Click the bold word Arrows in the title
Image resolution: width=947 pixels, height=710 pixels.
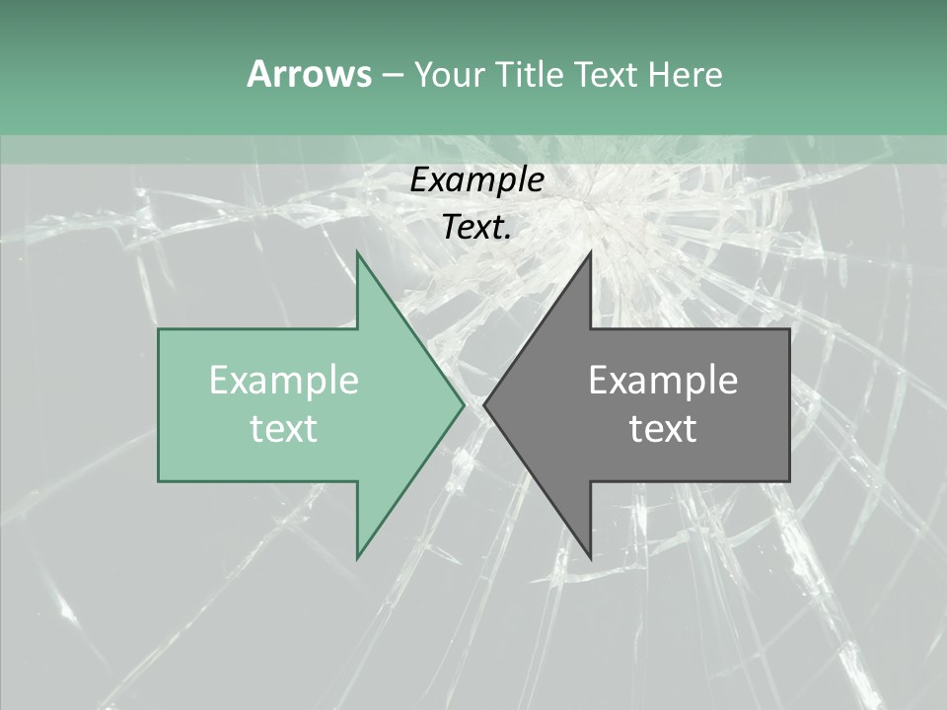point(309,74)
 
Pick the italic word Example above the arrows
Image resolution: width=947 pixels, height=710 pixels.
point(476,180)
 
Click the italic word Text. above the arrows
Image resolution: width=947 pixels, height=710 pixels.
point(476,228)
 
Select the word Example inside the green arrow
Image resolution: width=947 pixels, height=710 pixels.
point(284,381)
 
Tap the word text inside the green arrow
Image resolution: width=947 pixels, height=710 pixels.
point(284,429)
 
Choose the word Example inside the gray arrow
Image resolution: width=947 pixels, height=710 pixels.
point(663,381)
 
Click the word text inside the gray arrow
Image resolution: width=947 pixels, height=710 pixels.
point(663,429)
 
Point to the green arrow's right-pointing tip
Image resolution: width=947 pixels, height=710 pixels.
point(463,404)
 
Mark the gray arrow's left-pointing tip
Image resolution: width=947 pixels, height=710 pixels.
point(485,404)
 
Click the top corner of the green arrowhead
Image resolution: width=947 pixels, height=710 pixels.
point(357,252)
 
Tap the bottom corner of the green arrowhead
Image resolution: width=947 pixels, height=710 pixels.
point(357,558)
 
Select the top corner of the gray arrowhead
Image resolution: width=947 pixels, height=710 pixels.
point(590,252)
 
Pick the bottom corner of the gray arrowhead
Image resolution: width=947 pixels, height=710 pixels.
point(590,558)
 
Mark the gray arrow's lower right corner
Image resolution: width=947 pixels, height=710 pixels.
point(789,480)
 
